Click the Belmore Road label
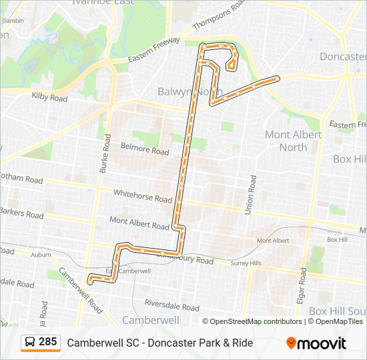coord(144,147)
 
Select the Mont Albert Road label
coord(139,223)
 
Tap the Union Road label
coord(252,193)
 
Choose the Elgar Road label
coord(302,286)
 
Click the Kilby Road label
coord(50,97)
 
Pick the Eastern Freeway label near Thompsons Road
coord(155,51)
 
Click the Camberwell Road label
coord(79,291)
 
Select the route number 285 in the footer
coord(48,342)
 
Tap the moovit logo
coord(316,343)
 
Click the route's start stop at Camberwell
coord(89,281)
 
